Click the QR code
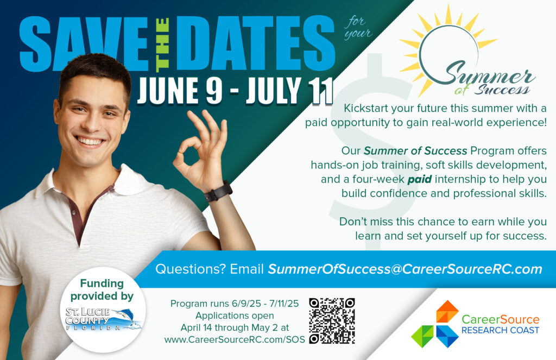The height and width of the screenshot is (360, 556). pyautogui.click(x=332, y=320)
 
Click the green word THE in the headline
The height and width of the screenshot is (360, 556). pyautogui.click(x=162, y=44)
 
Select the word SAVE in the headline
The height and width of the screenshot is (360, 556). pyautogui.click(x=83, y=44)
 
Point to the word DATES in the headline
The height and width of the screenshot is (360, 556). pyautogui.click(x=255, y=43)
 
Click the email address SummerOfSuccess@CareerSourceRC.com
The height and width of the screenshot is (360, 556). pyautogui.click(x=405, y=269)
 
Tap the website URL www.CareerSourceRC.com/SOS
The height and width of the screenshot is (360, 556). pyautogui.click(x=235, y=339)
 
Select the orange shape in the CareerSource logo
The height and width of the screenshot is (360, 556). pyautogui.click(x=447, y=311)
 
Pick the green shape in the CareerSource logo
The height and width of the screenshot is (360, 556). pyautogui.click(x=422, y=336)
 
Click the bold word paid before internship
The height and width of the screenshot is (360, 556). pyautogui.click(x=420, y=179)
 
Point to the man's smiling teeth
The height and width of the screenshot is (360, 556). pyautogui.click(x=90, y=142)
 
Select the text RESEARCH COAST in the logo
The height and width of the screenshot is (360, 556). pyautogui.click(x=500, y=330)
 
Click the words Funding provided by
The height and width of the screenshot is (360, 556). pyautogui.click(x=102, y=289)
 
